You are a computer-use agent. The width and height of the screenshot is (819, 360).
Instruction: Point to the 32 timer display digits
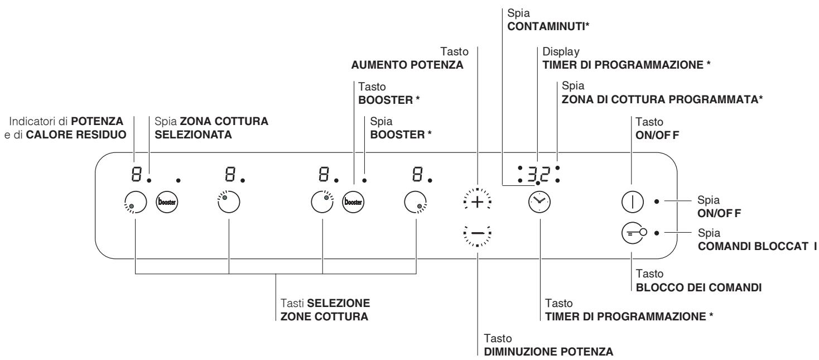coord(537,172)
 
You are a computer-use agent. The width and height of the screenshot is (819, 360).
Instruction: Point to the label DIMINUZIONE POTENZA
coord(532,352)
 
